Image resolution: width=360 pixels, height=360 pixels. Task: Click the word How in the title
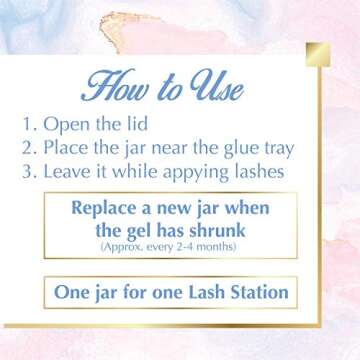117,88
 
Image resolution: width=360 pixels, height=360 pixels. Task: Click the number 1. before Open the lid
29,128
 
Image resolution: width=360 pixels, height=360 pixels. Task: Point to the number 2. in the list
29,149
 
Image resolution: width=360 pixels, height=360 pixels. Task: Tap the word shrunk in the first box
231,231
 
